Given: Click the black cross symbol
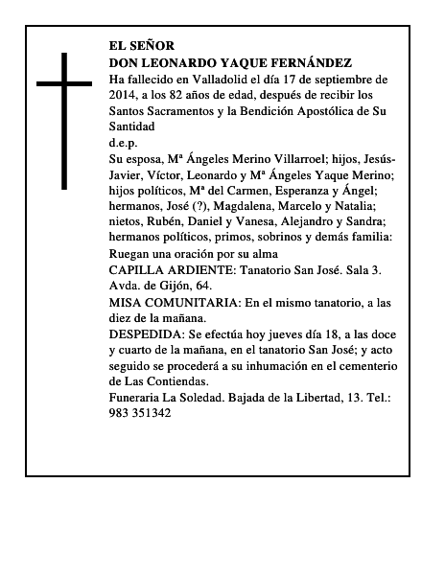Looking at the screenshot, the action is tap(65, 120).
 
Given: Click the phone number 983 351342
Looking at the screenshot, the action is tap(140, 414).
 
